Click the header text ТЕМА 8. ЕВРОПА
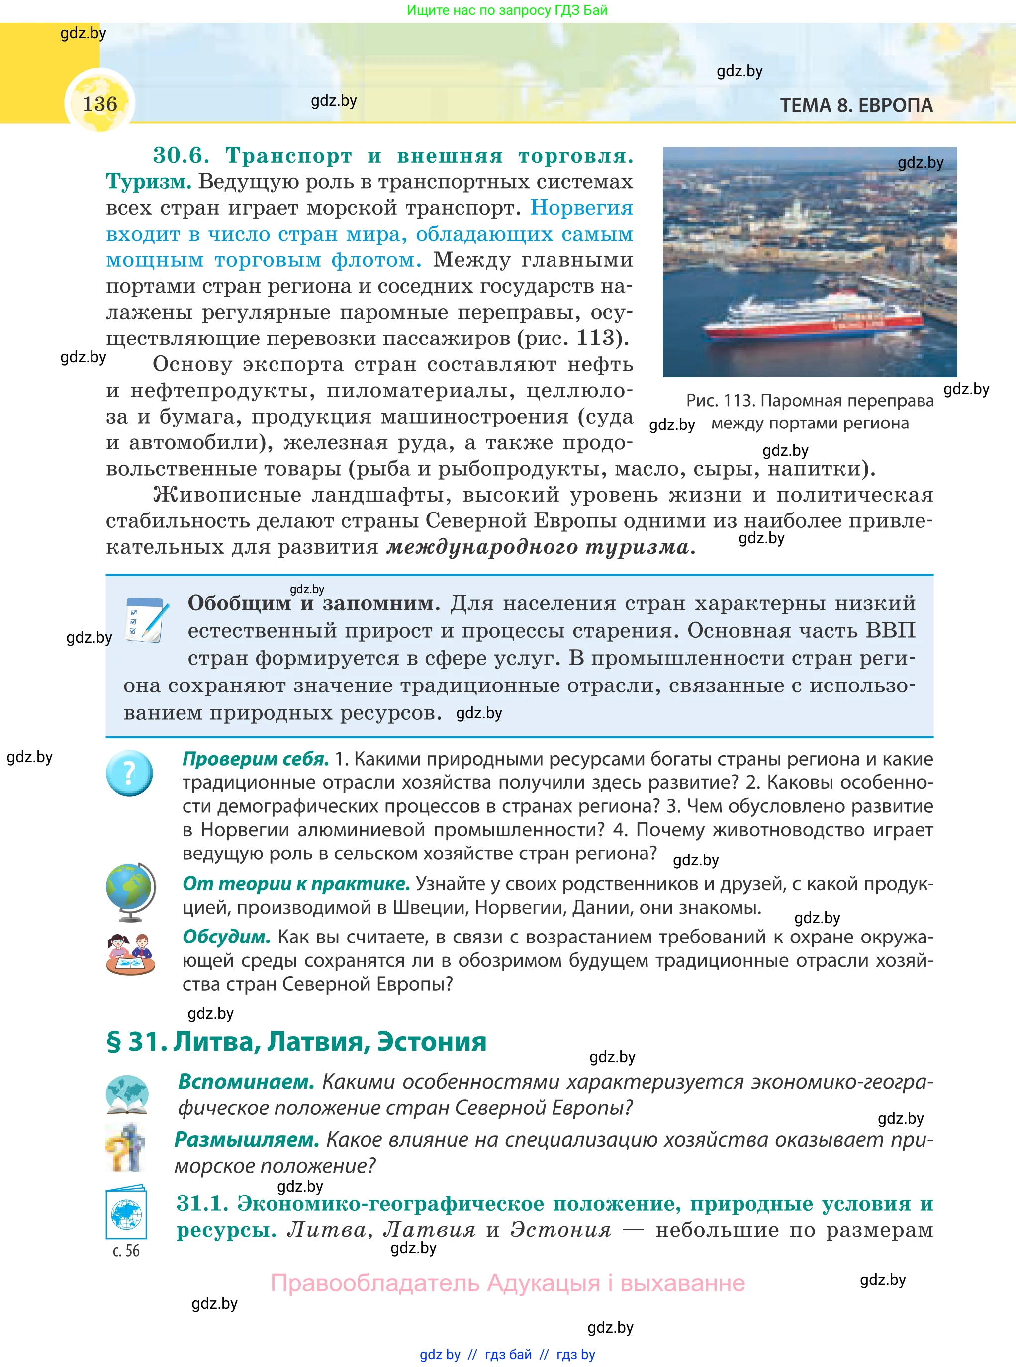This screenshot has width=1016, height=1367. coord(856,106)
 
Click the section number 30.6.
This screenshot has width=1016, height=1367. coord(182,156)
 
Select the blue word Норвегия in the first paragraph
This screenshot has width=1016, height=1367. coord(581,208)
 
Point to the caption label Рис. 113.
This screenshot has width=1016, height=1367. coord(720,401)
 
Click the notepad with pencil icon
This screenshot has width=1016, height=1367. coord(146,619)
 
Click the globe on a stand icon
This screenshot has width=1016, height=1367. coord(130,892)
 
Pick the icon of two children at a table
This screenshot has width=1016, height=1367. coord(130,954)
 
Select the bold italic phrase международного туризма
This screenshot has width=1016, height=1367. coord(541,547)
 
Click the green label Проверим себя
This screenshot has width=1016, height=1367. coord(255,759)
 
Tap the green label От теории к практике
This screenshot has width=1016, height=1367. coord(296,884)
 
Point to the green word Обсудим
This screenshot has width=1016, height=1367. coord(226,938)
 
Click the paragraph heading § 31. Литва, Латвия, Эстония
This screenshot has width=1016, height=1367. coord(296,1042)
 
